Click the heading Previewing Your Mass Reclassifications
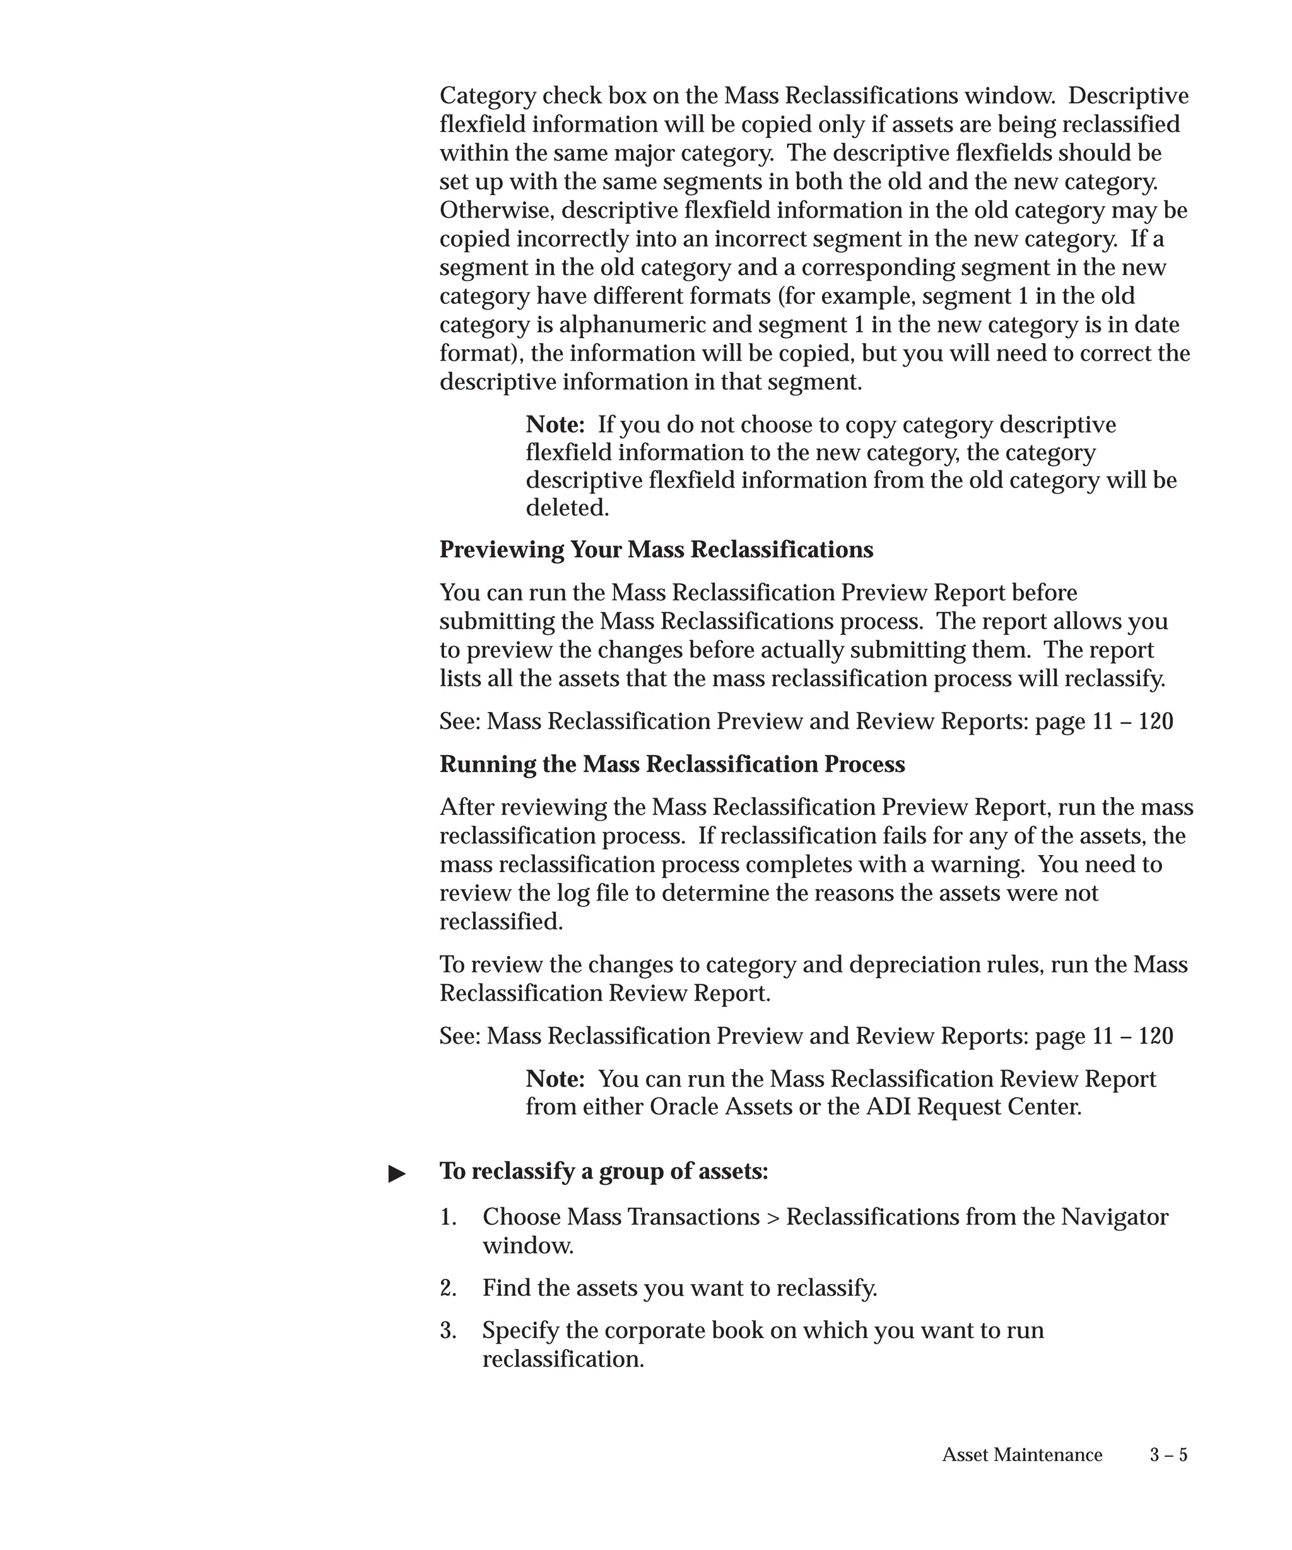tap(655, 550)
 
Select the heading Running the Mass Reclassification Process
tap(672, 764)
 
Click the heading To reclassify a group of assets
tap(603, 1172)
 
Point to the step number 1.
tap(447, 1217)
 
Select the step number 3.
tap(447, 1331)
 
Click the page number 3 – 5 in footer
tap(1168, 1455)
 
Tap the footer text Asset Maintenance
tap(1022, 1455)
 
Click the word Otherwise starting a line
tap(497, 211)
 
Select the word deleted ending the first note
tap(567, 508)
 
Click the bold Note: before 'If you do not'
tap(555, 424)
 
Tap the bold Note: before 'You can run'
tap(555, 1079)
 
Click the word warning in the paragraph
tap(976, 865)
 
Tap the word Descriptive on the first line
tap(1128, 96)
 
